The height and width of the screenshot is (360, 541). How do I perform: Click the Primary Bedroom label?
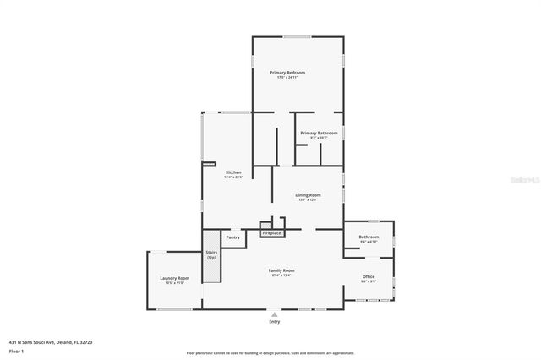click(x=287, y=73)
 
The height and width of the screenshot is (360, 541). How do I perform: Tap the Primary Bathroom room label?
click(x=319, y=133)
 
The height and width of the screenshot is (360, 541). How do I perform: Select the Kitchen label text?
click(x=233, y=172)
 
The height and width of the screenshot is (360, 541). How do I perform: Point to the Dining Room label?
click(x=308, y=195)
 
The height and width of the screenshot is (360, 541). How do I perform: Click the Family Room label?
click(x=283, y=270)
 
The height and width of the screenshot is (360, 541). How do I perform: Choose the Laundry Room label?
click(x=175, y=278)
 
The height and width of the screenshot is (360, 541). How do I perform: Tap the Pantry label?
click(x=233, y=237)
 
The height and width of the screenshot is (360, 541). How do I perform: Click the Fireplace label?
click(x=271, y=233)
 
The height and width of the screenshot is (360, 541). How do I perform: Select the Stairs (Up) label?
click(x=211, y=254)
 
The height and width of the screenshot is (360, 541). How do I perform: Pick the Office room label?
click(x=369, y=277)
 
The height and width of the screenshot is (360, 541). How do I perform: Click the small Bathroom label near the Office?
click(x=369, y=237)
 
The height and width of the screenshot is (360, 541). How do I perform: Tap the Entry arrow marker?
click(x=274, y=314)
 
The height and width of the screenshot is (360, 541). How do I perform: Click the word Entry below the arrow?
click(x=274, y=322)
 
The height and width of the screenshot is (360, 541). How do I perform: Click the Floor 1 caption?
click(x=16, y=350)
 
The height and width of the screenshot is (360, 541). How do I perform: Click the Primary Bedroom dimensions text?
click(x=287, y=78)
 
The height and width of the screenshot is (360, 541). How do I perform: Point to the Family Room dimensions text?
click(x=283, y=275)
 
